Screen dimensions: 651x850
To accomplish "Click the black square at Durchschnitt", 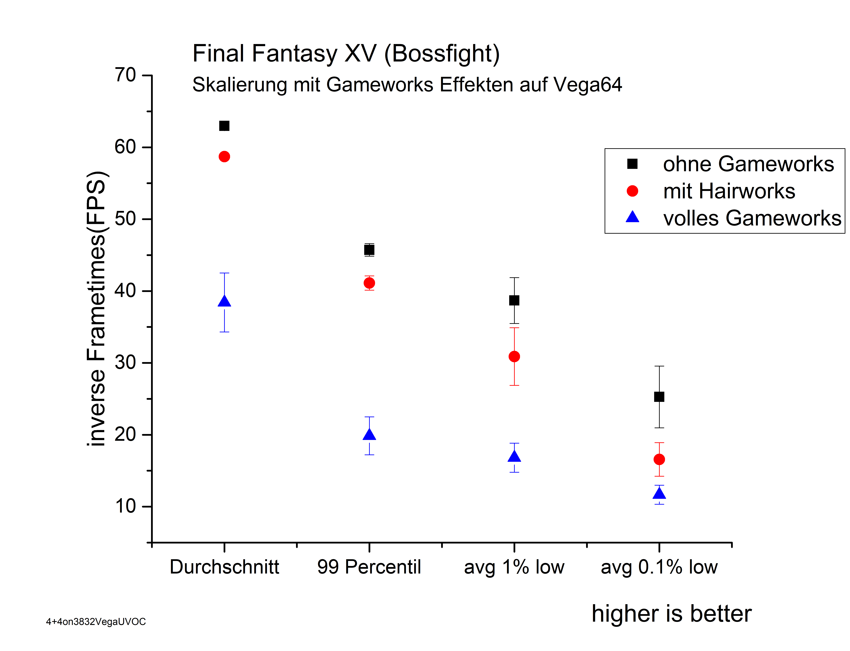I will coord(224,126).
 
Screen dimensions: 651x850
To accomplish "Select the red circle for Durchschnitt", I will coord(224,157).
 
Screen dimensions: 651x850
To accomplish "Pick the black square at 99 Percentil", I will coord(369,250).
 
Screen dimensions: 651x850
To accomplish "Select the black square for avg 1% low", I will coord(514,300).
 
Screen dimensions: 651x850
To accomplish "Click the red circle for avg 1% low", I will coord(514,357).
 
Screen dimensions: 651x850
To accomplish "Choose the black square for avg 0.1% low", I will coord(659,397).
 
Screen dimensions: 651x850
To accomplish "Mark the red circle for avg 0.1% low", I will coord(659,460).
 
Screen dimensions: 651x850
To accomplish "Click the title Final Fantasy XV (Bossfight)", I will coord(346,53).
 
